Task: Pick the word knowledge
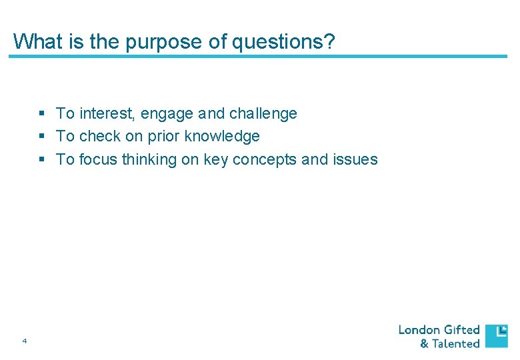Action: pyautogui.click(x=222, y=137)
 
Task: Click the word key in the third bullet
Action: pyautogui.click(x=214, y=160)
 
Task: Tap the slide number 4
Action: pyautogui.click(x=25, y=341)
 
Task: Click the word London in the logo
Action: pyautogui.click(x=419, y=330)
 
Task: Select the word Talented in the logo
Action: pyautogui.click(x=456, y=344)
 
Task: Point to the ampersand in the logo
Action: pyautogui.click(x=424, y=344)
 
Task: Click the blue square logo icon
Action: pyautogui.click(x=496, y=336)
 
